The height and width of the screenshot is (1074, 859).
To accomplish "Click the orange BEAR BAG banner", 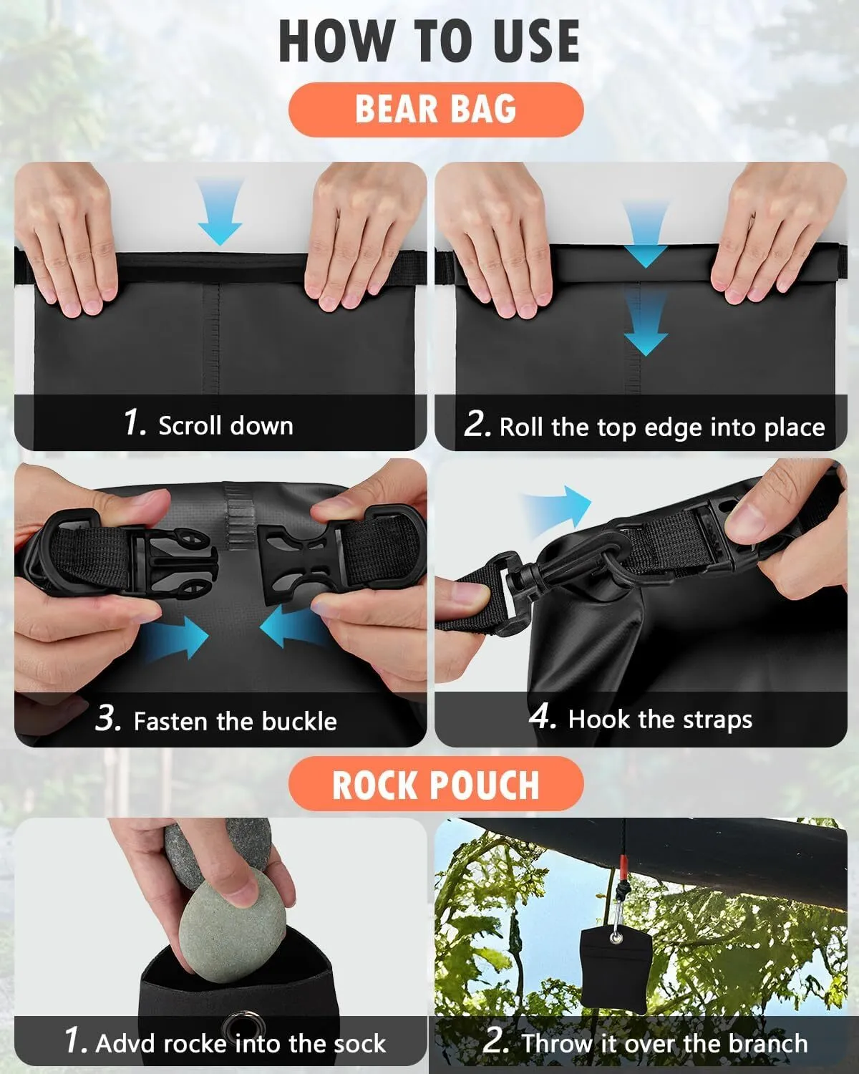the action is click(x=436, y=110).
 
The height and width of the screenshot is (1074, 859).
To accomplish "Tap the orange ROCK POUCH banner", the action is click(x=436, y=784).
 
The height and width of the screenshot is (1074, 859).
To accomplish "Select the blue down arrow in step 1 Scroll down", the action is click(x=220, y=212).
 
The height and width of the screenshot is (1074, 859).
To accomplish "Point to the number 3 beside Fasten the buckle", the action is click(x=108, y=718).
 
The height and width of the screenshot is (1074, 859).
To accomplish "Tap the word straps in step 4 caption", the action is click(x=717, y=720).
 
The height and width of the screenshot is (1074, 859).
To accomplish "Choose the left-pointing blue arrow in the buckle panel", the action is click(x=292, y=626).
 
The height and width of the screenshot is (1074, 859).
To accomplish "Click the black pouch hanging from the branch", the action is click(x=616, y=970).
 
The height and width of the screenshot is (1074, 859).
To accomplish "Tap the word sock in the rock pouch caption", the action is click(x=360, y=1043).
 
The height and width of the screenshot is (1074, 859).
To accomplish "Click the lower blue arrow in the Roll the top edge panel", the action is click(x=646, y=322).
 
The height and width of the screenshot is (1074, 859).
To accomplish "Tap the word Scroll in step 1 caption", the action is click(x=190, y=426).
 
